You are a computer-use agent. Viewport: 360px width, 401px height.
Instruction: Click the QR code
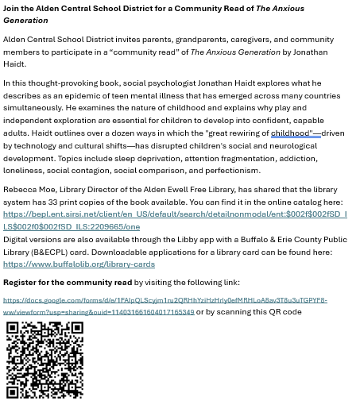click(45, 359)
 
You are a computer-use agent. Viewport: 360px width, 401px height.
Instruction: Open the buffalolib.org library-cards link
click(79, 264)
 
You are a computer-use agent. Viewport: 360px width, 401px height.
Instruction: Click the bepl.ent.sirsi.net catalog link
click(175, 214)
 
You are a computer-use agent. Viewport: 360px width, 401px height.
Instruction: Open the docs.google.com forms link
click(165, 300)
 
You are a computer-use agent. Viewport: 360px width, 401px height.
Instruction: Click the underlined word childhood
click(291, 133)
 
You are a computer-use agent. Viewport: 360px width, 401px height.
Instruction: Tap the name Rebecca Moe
click(29, 190)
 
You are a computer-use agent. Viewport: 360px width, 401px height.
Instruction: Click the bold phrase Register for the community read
click(68, 282)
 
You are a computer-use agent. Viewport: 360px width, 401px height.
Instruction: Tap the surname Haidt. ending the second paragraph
click(14, 64)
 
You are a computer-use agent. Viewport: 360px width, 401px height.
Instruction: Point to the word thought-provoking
click(65, 83)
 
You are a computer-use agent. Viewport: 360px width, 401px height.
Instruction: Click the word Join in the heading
click(13, 9)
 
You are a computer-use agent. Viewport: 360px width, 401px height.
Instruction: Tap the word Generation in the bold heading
click(25, 21)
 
